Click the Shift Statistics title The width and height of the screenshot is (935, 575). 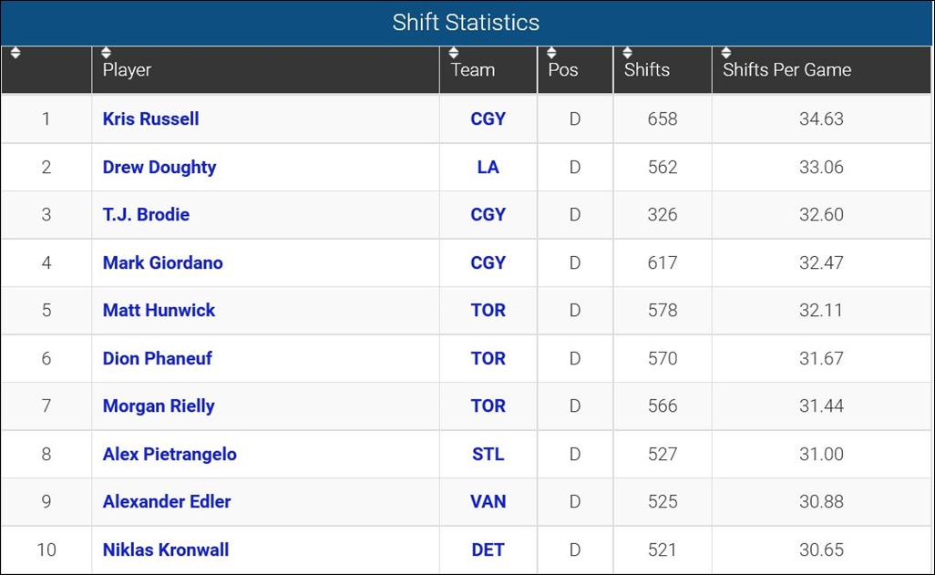[466, 23]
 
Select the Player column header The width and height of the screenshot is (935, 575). [127, 70]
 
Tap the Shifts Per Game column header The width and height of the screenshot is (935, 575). [786, 70]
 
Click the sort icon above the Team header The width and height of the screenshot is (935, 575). [454, 53]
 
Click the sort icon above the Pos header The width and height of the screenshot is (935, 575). [551, 53]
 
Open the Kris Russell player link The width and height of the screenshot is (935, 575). [150, 119]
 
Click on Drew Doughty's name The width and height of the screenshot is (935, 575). [159, 168]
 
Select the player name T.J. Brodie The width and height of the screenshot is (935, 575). [146, 215]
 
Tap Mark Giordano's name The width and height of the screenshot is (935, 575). [162, 263]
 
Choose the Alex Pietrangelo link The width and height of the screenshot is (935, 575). [170, 455]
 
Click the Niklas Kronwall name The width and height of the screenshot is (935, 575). [166, 550]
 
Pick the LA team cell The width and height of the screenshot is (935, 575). [488, 168]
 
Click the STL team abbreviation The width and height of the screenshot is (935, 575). [488, 455]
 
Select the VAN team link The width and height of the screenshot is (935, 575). [488, 502]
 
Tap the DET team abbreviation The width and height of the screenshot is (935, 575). [488, 550]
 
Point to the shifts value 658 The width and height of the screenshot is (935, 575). [662, 119]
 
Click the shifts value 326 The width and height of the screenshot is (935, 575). [662, 215]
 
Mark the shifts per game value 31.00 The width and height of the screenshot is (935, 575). [821, 455]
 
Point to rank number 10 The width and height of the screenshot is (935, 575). [46, 550]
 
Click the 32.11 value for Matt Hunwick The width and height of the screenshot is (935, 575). [821, 311]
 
